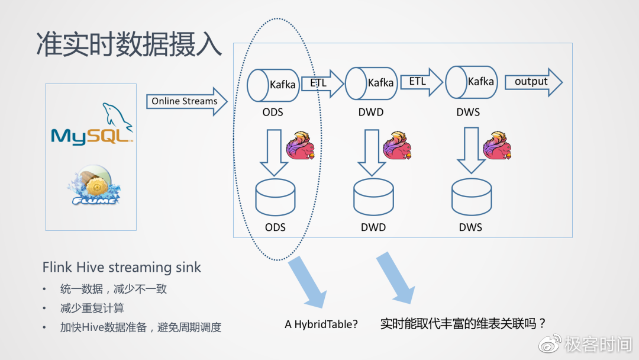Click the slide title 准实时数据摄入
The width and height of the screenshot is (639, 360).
pyautogui.click(x=129, y=45)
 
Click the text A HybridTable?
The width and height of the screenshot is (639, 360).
pyautogui.click(x=321, y=324)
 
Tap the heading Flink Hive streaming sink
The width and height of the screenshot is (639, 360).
pyautogui.click(x=121, y=267)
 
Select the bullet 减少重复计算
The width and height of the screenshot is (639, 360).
pyautogui.click(x=92, y=308)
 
